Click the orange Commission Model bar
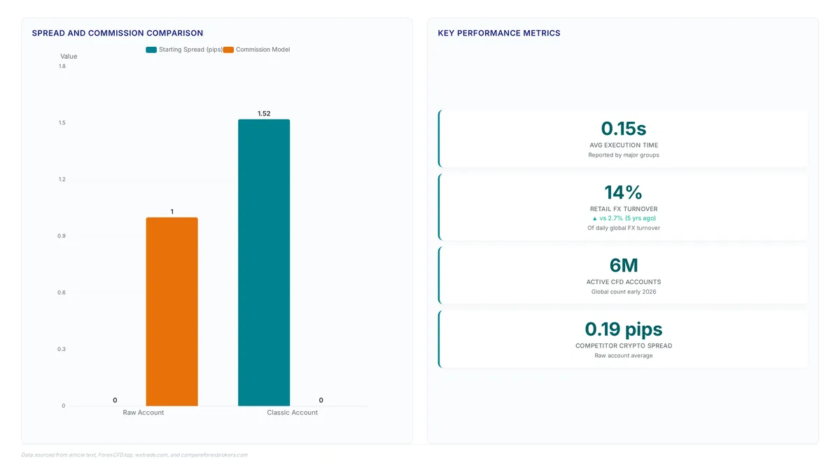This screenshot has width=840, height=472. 171,312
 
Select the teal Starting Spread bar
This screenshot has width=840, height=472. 264,263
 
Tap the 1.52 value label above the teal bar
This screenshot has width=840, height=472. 264,113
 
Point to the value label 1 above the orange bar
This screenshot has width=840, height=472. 172,212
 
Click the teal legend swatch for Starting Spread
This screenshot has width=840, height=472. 151,50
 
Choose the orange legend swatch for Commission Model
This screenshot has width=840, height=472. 228,50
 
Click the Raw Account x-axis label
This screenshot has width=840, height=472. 143,413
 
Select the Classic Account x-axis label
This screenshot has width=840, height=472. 292,413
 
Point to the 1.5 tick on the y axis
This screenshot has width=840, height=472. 62,123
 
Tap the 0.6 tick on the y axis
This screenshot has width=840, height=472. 62,292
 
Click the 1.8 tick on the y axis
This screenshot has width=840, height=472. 62,66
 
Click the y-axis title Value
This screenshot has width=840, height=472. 69,57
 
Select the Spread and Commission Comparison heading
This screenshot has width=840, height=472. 118,33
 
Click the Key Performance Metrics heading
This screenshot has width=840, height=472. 499,33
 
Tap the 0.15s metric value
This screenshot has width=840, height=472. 624,129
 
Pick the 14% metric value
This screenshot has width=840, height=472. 623,192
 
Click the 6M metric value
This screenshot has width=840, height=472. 624,265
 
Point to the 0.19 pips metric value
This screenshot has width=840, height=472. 624,329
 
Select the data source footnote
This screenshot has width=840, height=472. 134,455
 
